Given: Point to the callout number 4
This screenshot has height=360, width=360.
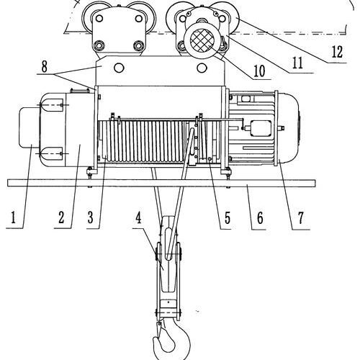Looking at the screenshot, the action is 138,218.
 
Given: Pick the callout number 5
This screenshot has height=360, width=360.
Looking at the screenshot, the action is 227,218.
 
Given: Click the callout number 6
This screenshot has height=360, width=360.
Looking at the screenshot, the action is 260,218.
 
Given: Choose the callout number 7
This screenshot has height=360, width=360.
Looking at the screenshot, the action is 301,218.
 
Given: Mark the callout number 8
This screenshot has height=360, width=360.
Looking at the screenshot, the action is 45,67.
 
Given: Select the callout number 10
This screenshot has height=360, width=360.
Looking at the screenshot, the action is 259,71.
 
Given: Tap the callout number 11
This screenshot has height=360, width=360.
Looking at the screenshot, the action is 297,63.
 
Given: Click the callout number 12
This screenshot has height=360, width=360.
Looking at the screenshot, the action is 337,52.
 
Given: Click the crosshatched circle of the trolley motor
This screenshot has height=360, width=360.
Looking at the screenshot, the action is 202,40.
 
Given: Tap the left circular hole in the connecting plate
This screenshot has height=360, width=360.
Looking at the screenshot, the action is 119,68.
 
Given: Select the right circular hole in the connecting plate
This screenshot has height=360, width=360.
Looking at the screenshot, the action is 202,68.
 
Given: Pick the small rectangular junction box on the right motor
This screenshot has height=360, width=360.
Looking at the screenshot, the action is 261,128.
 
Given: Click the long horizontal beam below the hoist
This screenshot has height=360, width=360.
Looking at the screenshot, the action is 161,183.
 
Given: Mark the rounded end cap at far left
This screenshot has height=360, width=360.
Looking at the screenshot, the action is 29,127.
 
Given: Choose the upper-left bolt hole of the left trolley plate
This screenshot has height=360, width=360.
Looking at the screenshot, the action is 99,18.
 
